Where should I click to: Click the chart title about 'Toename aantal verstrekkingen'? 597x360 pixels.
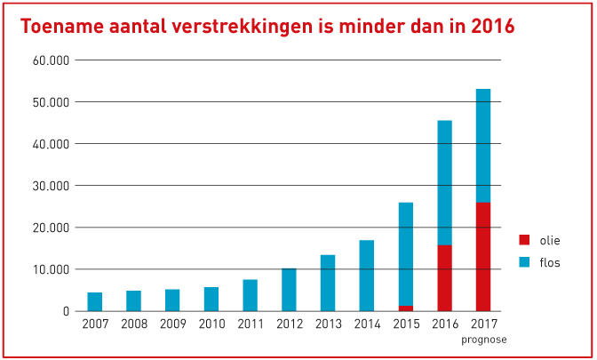tap(267, 26)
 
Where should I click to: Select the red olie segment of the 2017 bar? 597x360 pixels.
tap(483, 256)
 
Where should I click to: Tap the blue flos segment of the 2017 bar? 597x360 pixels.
tap(483, 146)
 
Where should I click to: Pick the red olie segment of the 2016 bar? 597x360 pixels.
tap(444, 277)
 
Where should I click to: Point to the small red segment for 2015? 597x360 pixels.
tap(406, 308)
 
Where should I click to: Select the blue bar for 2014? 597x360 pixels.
tap(367, 276)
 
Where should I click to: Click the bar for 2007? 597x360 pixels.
tap(95, 301)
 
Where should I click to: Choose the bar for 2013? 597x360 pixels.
tap(328, 283)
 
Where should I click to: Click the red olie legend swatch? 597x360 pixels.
tap(524, 239)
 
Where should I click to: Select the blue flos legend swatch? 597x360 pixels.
tap(524, 262)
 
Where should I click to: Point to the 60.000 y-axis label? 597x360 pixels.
tap(52, 60)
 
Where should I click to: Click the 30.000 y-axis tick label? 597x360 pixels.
tap(52, 186)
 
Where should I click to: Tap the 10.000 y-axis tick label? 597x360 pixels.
tap(52, 269)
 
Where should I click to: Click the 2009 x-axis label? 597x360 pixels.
tap(172, 325)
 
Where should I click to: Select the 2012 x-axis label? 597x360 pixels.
tap(289, 325)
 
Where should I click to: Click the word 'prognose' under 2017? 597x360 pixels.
tap(483, 340)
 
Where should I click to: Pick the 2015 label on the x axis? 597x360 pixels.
tap(406, 325)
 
